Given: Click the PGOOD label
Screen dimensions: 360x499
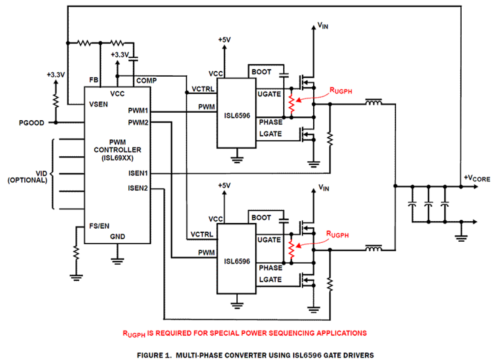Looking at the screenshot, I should coord(31,123).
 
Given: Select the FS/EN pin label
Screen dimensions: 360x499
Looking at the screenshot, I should coord(99,226).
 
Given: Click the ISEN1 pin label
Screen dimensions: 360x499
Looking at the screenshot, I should coord(138,173).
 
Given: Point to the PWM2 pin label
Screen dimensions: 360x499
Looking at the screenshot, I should coord(138,123).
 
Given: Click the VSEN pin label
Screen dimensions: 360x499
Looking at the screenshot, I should coord(98,105).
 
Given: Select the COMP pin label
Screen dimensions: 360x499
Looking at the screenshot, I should coord(146,81).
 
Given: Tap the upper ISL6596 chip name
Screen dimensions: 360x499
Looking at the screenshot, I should coord(237,115).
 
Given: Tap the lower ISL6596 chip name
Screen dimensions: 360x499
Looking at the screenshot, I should coord(237,261).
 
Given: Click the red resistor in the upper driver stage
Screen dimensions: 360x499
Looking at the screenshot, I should coord(292,105).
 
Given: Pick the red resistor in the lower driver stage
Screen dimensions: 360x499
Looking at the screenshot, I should coord(292,250).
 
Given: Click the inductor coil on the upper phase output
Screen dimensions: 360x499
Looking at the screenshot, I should coord(373,103).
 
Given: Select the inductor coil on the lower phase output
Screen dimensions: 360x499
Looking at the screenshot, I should coord(373,249).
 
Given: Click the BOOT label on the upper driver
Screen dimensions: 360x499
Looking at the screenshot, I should coord(261,72).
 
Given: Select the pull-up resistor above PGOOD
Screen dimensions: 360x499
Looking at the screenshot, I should coord(56,102).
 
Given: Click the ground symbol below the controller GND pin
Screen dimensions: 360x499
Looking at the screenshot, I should coord(118,261).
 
